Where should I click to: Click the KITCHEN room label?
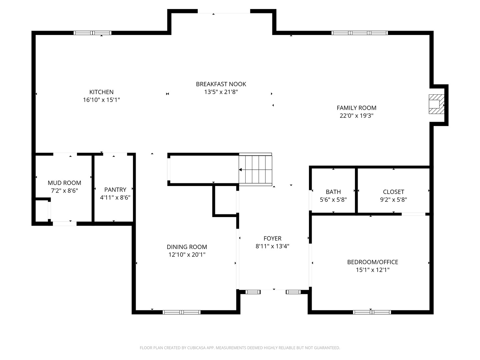(x=101, y=92)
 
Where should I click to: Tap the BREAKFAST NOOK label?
(x=221, y=84)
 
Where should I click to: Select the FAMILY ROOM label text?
(x=356, y=108)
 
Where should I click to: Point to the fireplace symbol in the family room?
(x=436, y=104)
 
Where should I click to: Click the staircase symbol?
(x=256, y=169)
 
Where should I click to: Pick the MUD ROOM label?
(x=64, y=183)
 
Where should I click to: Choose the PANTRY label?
(x=115, y=190)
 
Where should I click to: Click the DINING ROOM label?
(x=187, y=247)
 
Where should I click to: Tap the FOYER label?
(x=272, y=238)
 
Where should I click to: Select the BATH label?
(x=333, y=192)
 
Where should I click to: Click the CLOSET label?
(x=393, y=192)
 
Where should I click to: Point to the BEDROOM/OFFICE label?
(x=372, y=262)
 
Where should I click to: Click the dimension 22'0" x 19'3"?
(x=356, y=116)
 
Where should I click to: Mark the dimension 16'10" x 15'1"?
(x=101, y=100)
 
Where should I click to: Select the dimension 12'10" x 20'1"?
(x=187, y=255)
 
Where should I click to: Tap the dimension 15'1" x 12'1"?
(x=372, y=270)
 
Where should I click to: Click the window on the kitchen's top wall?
(x=92, y=33)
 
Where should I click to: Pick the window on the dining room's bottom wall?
(x=181, y=312)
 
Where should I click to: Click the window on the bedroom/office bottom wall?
(x=372, y=312)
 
